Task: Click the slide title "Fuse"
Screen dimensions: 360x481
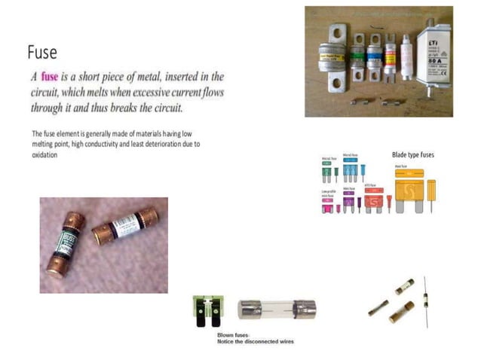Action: coord(42,52)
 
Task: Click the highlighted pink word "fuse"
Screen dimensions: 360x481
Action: coord(50,77)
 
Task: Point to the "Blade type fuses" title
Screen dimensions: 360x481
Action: coord(413,155)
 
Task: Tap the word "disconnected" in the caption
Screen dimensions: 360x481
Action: coord(262,341)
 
